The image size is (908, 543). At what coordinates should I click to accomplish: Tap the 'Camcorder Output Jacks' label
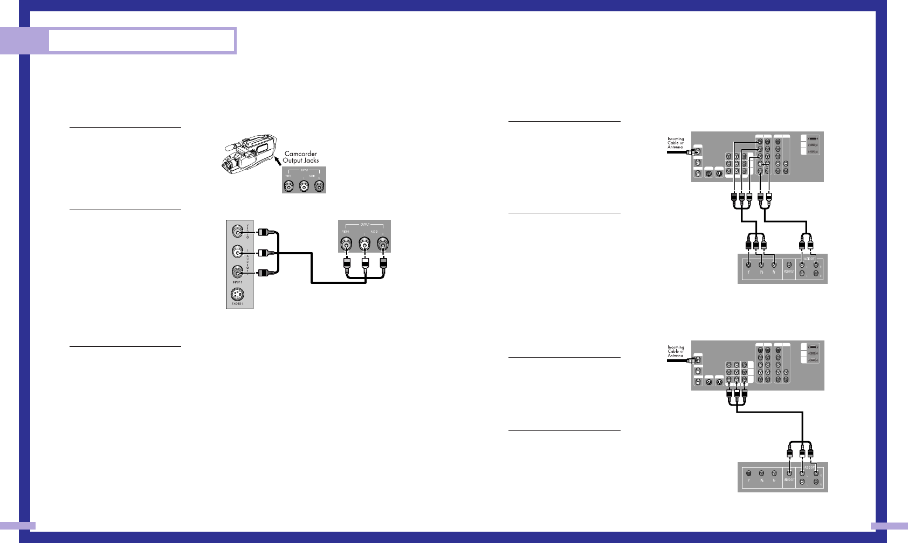(x=301, y=157)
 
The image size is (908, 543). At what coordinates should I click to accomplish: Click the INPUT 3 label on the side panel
(x=237, y=282)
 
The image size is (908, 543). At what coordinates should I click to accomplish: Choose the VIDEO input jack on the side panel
(x=237, y=232)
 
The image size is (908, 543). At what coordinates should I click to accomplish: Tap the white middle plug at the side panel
(x=263, y=252)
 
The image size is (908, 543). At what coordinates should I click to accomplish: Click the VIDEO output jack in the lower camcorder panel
(x=347, y=246)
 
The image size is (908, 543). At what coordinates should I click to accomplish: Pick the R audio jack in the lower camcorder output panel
(x=383, y=246)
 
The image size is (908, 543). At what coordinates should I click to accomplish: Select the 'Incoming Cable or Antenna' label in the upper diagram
(x=676, y=143)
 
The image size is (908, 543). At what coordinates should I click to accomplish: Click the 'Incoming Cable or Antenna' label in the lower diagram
(x=676, y=351)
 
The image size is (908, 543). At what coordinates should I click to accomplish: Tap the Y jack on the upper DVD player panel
(x=748, y=264)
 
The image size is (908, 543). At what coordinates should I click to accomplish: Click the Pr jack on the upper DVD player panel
(x=774, y=264)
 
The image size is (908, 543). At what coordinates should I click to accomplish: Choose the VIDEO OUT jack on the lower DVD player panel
(x=789, y=474)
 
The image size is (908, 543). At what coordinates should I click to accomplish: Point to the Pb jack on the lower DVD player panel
(x=761, y=474)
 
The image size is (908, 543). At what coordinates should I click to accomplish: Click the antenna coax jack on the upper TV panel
(x=698, y=151)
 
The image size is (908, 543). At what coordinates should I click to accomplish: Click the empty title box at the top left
(x=142, y=40)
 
